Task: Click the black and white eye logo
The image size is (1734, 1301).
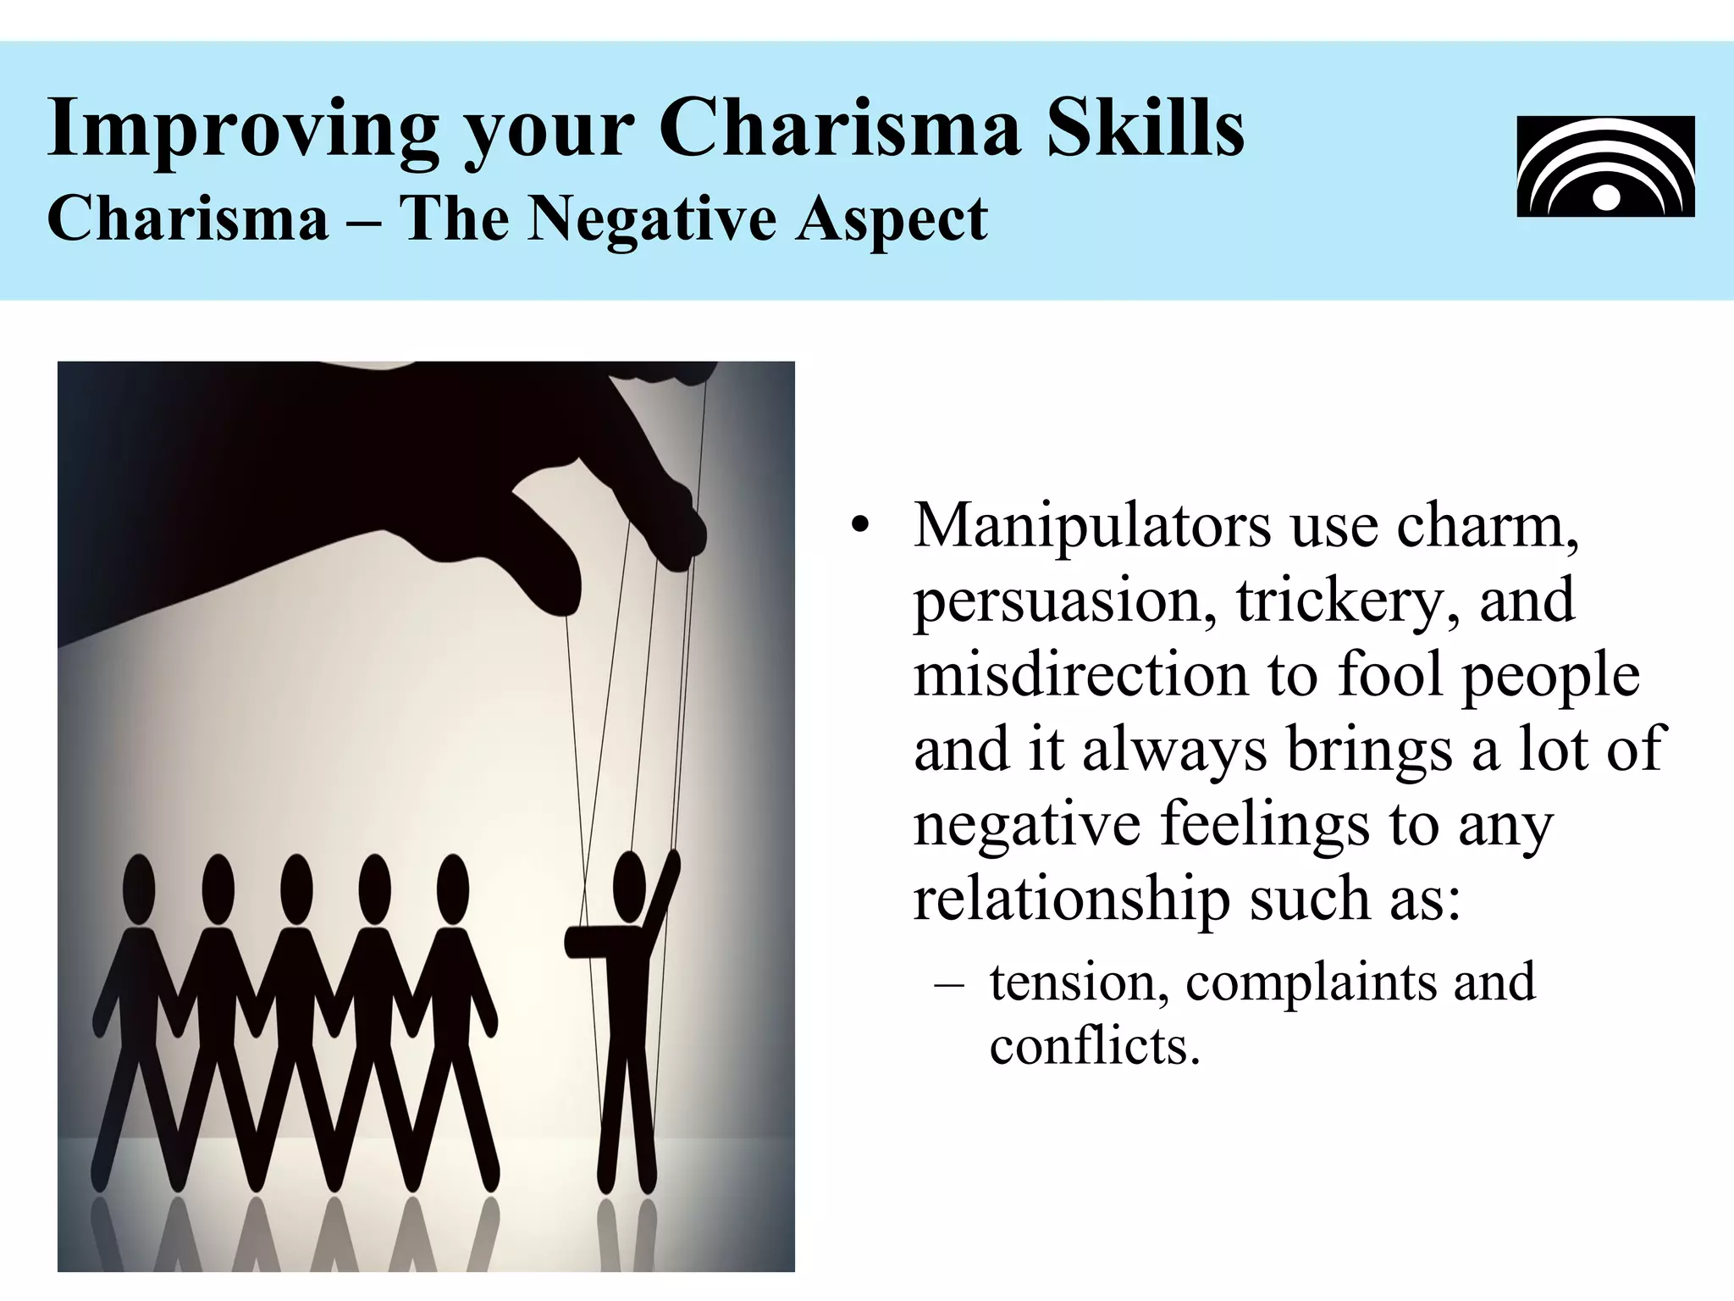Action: coord(1605,166)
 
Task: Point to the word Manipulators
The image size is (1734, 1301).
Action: coord(1092,526)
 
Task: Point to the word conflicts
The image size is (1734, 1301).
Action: coord(1095,1047)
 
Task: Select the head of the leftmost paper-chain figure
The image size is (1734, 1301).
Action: coord(140,888)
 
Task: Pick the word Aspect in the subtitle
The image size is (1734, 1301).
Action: coord(891,218)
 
